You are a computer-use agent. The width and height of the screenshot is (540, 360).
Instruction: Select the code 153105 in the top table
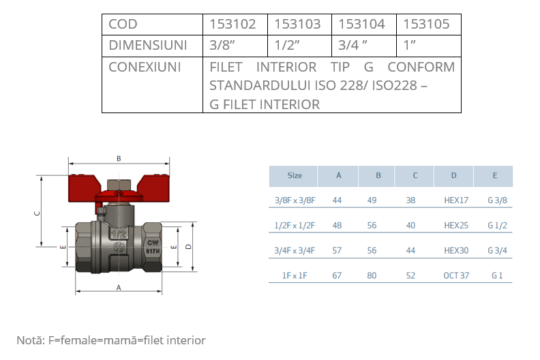[x=426, y=25]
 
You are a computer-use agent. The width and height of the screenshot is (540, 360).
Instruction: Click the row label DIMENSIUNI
[x=147, y=46]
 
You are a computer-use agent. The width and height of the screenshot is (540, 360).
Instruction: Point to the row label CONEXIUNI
[x=144, y=67]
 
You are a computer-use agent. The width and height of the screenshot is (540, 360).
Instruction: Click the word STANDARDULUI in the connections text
[x=258, y=86]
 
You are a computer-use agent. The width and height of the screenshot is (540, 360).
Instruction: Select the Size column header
[x=295, y=176]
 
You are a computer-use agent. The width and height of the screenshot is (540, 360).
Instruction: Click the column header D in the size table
[x=454, y=176]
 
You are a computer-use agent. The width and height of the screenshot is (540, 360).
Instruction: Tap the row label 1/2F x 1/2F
[x=295, y=226]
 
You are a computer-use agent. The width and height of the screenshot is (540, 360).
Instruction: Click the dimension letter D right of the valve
[x=187, y=246]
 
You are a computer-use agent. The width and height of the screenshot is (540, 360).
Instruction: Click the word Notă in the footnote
[x=29, y=340]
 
